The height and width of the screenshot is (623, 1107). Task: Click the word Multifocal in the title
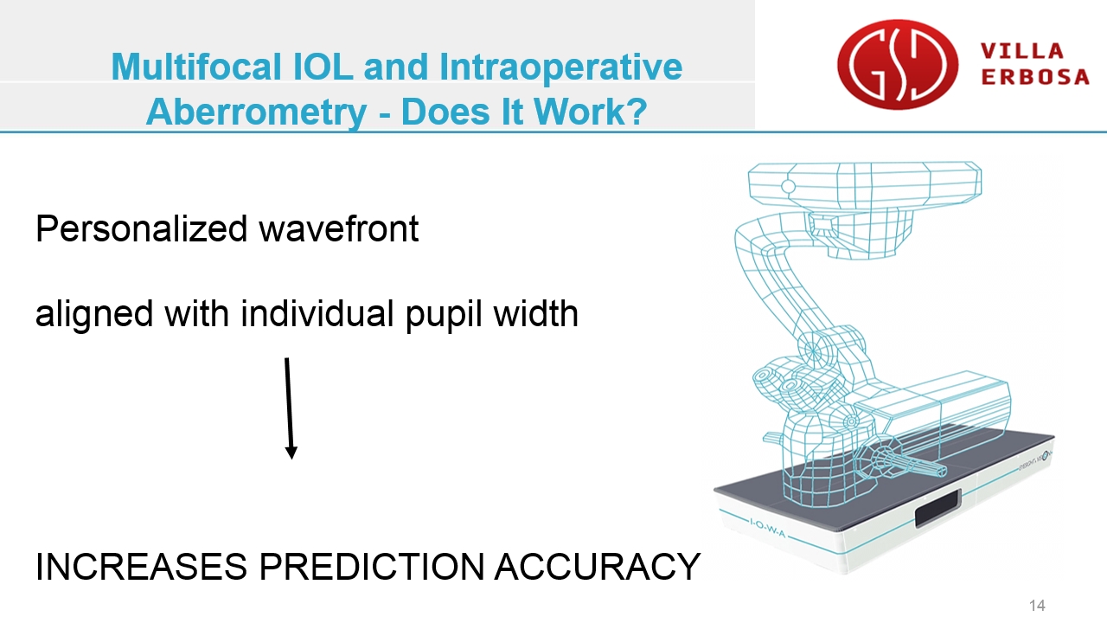click(196, 67)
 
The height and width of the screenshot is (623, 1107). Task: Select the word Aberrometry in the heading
click(257, 112)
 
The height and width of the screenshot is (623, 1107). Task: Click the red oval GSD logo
click(898, 64)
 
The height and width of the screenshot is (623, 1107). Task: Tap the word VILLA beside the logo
click(1021, 51)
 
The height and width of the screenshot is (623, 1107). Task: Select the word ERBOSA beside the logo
click(1035, 77)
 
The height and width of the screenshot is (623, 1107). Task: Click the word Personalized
click(141, 229)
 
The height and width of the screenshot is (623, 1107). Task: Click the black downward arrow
click(289, 408)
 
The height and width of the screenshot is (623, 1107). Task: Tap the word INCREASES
click(141, 567)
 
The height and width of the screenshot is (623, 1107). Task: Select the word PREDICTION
click(372, 567)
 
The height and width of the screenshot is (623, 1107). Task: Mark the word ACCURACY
click(598, 567)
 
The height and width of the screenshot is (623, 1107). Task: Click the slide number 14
click(1037, 605)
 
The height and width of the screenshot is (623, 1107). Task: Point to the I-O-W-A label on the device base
click(767, 527)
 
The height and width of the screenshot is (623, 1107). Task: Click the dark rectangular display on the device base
click(937, 508)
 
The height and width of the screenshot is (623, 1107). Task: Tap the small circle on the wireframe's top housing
click(788, 186)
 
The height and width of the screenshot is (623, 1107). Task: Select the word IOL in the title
click(323, 67)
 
